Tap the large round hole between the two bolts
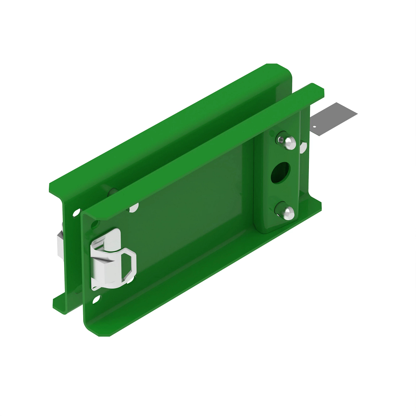(281, 173)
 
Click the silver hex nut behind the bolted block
(303, 147)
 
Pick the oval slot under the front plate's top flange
(134, 208)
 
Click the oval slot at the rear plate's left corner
(76, 213)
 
